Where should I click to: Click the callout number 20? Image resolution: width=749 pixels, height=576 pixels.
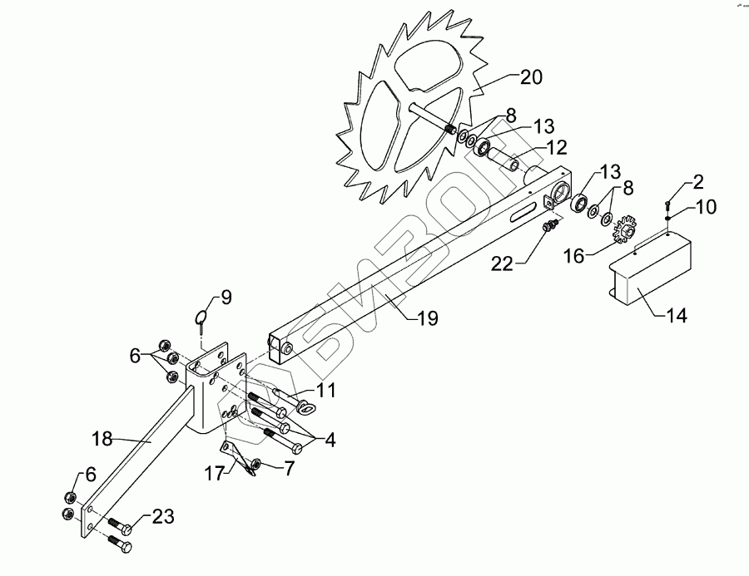[532, 77]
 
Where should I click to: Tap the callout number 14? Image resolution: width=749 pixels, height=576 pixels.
[677, 317]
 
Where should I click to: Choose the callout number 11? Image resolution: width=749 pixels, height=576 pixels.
[326, 390]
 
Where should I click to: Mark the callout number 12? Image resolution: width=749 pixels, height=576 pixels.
[557, 147]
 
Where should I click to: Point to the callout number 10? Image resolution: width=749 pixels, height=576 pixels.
[705, 206]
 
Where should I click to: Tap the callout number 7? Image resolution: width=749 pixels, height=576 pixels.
[290, 467]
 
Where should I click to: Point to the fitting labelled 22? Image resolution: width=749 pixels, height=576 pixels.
[548, 226]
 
